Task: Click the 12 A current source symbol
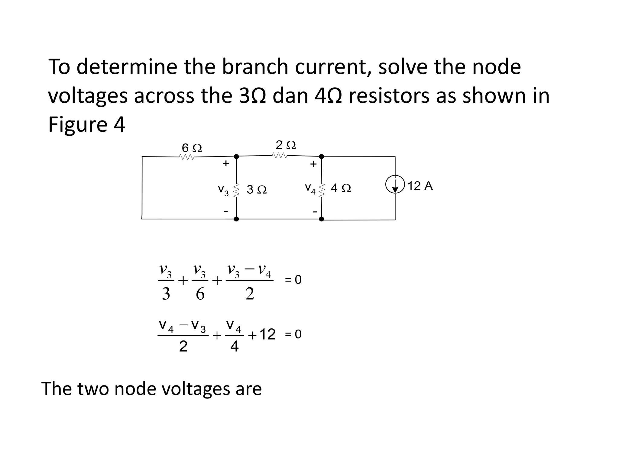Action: click(x=395, y=185)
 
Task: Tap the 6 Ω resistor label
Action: click(x=192, y=148)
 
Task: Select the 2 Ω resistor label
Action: click(x=286, y=145)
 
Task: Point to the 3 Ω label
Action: click(x=257, y=190)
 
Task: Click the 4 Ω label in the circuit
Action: click(x=341, y=188)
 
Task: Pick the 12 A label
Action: click(x=420, y=186)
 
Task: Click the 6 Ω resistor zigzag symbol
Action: click(x=186, y=157)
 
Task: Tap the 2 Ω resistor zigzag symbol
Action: click(x=280, y=155)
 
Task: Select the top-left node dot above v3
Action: click(x=236, y=156)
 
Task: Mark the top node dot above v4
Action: click(x=322, y=156)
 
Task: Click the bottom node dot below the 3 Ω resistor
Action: click(x=236, y=219)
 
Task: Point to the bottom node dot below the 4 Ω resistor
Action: click(x=322, y=219)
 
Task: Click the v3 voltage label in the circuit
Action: click(x=223, y=190)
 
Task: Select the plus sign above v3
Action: click(x=226, y=164)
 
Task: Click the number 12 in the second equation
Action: click(x=267, y=334)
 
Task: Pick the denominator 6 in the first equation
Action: click(x=200, y=294)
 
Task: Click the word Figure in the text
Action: click(x=77, y=124)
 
